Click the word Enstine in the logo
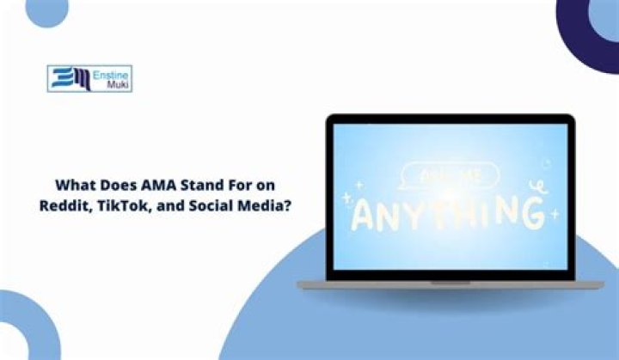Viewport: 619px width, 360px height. click(112, 74)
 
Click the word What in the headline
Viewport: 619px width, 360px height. click(75, 184)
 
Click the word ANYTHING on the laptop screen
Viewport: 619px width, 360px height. click(447, 211)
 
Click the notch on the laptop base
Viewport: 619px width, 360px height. click(450, 282)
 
